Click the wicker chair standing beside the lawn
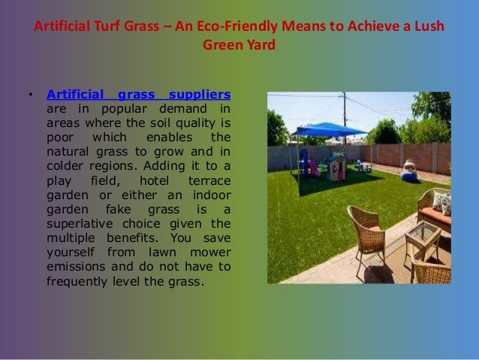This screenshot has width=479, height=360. coord(368,230)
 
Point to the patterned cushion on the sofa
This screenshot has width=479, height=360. coord(442,201)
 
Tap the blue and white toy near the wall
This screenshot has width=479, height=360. coord(410,171)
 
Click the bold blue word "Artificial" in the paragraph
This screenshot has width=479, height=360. coord(76,95)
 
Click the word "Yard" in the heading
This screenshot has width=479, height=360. coord(261,44)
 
